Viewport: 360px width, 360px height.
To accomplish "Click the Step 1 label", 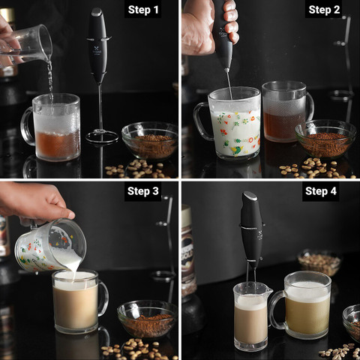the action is tap(143, 10).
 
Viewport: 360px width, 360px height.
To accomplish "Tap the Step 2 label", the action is tap(324, 10).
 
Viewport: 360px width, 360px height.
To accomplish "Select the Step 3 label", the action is tap(143, 191).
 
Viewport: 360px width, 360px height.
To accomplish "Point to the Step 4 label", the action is tap(321, 191).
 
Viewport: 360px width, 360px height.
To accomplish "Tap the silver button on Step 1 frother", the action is tap(97, 12).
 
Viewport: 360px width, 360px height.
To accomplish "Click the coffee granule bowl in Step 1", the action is tap(149, 140).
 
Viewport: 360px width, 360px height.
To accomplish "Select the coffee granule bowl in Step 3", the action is tap(147, 319).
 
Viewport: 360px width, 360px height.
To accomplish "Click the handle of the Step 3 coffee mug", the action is tap(103, 298).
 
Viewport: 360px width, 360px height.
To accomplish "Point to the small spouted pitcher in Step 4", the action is tap(251, 316).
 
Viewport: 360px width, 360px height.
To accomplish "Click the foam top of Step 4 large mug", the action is tap(307, 291).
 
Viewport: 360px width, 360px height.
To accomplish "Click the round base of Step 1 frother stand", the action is tap(102, 137).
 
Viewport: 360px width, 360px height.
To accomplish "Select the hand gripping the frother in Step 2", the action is tap(208, 28).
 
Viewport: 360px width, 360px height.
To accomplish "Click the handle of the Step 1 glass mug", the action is tap(27, 126).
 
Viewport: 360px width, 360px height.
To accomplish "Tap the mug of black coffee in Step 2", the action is tap(287, 112).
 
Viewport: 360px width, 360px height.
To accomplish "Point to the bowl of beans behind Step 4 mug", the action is tap(319, 262).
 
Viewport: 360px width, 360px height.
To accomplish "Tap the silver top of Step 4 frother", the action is tap(250, 196).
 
